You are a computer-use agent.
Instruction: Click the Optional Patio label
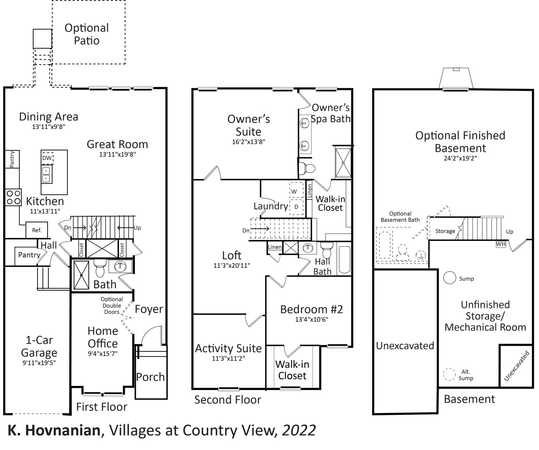[87, 34]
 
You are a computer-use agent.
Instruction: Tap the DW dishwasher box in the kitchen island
[47, 158]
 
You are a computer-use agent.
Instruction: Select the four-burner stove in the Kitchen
[13, 197]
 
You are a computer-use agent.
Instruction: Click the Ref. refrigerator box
[36, 230]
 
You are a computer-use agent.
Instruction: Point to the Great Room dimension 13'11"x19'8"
[117, 155]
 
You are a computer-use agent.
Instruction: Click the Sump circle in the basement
[450, 278]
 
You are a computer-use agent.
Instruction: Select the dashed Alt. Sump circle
[450, 374]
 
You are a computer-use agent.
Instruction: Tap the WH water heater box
[501, 244]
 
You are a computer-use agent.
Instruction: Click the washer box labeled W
[294, 191]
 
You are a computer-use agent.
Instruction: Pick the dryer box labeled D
[296, 207]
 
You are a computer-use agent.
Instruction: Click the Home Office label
[103, 337]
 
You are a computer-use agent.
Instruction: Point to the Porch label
[150, 377]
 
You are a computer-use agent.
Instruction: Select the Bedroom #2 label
[311, 309]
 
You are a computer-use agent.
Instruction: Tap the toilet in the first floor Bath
[100, 268]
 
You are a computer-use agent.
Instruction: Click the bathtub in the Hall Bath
[344, 260]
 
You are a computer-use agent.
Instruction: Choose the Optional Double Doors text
[112, 305]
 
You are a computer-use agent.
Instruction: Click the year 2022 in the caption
[299, 430]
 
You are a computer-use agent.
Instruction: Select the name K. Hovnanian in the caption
[54, 430]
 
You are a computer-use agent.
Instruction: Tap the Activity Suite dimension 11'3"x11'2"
[228, 359]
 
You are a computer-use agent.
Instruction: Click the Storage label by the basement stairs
[445, 231]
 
